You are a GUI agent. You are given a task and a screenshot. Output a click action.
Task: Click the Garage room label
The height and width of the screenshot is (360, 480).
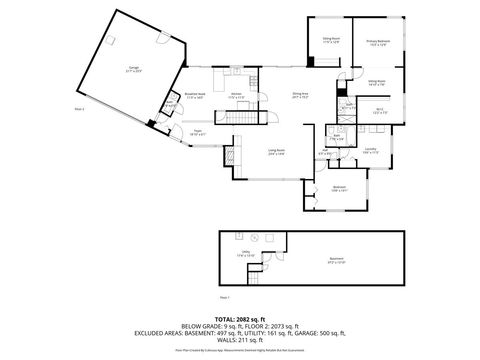pos(133,71)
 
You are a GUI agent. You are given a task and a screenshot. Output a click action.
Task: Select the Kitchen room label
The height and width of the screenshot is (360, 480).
pos(237,95)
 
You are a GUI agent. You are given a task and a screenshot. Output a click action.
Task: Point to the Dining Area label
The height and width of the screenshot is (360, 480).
pos(299,95)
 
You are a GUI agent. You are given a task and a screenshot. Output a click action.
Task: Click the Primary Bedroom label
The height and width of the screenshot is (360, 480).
pos(379,42)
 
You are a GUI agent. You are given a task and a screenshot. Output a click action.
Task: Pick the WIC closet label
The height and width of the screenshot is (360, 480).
pos(378,112)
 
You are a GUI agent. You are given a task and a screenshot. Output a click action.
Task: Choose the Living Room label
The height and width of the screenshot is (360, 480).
pos(276,152)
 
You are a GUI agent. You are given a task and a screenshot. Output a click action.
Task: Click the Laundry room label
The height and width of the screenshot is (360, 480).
pos(370,150)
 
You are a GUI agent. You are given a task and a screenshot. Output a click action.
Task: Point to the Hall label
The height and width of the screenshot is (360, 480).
pos(322,152)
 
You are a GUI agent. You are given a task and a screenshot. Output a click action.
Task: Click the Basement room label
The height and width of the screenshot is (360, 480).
pos(337,259)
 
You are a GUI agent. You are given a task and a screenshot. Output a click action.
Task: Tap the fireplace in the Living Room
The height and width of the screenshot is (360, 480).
pos(232,157)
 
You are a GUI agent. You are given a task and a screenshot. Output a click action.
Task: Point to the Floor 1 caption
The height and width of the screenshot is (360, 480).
pos(224,298)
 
